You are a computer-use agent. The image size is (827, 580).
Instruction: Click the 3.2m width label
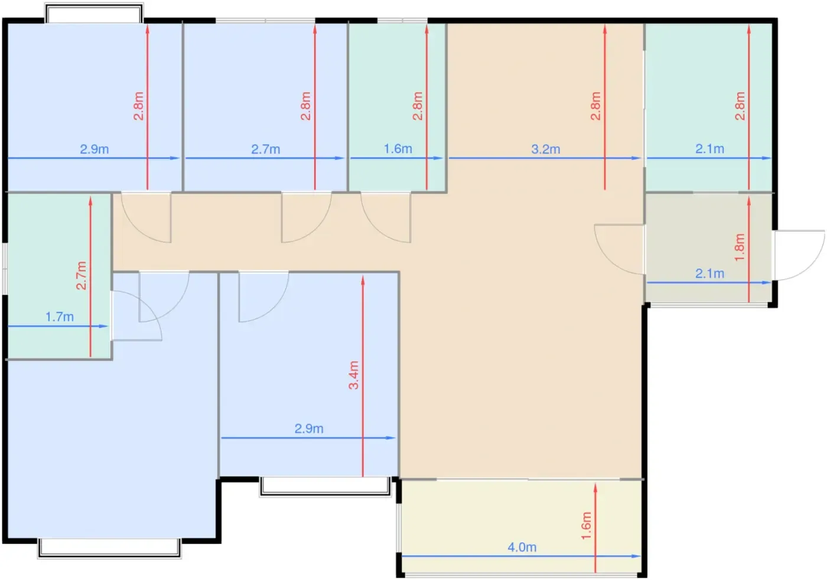[545, 149]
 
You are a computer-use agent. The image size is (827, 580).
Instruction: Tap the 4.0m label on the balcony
[522, 547]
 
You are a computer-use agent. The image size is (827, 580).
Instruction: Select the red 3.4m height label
[354, 375]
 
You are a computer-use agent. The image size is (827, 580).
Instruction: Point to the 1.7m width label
[60, 317]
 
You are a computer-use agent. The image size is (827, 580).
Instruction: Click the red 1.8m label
[740, 247]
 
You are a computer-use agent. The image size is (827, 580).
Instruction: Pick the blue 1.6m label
[398, 149]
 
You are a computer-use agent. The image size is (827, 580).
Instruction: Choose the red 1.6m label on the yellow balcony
[586, 526]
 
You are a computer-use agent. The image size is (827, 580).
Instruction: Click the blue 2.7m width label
[265, 149]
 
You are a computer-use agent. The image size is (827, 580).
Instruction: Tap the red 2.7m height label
[82, 275]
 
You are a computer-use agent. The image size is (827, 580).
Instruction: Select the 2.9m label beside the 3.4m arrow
[308, 429]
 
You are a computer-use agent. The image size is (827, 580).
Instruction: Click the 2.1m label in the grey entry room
[709, 273]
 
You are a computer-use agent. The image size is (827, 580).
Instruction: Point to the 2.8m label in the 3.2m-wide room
[595, 106]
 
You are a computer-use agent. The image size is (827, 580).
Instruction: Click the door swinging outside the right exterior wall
[799, 255]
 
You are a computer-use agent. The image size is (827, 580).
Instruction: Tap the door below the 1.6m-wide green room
[386, 218]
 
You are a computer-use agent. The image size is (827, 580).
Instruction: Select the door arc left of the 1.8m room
[620, 249]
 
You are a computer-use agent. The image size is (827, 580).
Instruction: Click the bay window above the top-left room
[94, 14]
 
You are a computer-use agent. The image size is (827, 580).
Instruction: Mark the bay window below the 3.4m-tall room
[325, 487]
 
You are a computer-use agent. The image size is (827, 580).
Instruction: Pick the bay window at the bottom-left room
[109, 548]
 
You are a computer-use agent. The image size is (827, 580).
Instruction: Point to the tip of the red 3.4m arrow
[363, 276]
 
